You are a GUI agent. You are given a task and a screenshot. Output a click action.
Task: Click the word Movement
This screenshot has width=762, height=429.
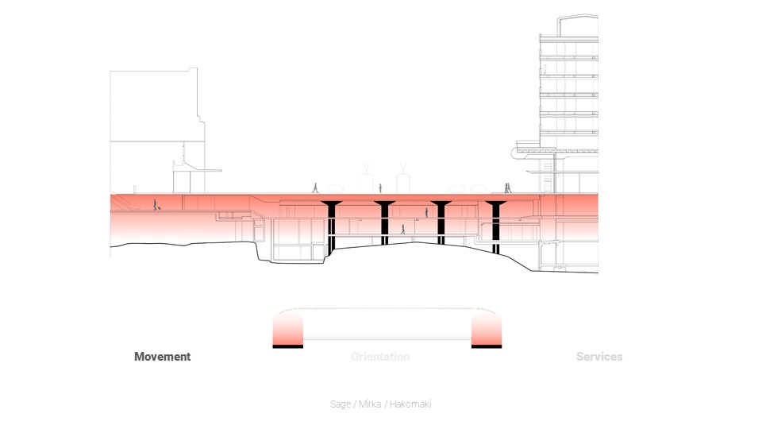click(x=162, y=357)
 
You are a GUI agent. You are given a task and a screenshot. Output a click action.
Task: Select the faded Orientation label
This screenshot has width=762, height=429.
click(x=380, y=357)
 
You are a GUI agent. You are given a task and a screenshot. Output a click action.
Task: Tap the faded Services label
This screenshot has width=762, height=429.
click(x=599, y=357)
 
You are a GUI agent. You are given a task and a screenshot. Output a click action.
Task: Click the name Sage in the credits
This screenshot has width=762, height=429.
click(x=340, y=404)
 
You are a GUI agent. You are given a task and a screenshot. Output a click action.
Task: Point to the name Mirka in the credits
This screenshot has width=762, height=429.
click(x=369, y=404)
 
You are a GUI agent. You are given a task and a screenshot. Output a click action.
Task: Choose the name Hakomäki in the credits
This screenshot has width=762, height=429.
click(x=410, y=404)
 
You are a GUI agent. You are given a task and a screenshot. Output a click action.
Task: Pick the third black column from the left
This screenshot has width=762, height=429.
click(x=441, y=222)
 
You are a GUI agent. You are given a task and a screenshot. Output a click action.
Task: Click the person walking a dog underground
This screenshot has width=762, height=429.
click(x=156, y=204)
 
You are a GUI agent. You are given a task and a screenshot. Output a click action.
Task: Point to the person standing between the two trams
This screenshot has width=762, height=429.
click(x=380, y=188)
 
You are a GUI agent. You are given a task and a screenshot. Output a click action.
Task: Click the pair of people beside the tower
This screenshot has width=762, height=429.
click(x=507, y=188)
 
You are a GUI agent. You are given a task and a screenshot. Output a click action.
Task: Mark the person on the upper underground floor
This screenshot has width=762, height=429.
click(x=427, y=213)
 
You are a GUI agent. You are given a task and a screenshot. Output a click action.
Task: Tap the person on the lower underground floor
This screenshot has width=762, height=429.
click(x=402, y=230)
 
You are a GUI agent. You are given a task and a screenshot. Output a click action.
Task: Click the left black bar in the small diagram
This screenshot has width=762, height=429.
click(x=287, y=346)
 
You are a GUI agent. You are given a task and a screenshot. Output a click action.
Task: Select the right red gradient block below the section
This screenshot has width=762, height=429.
click(x=486, y=328)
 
